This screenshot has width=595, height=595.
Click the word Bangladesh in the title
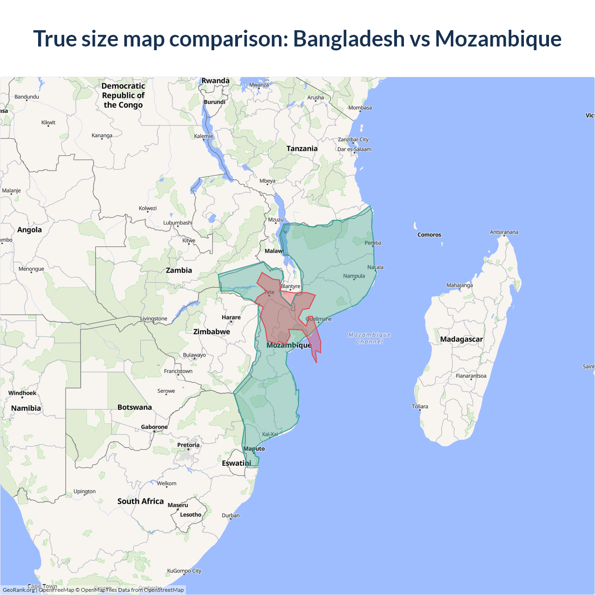tap(349, 39)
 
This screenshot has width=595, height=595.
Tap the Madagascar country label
tap(461, 339)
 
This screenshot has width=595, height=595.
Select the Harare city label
tap(231, 317)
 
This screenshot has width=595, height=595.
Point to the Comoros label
tap(429, 235)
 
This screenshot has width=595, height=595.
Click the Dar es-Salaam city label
tap(354, 149)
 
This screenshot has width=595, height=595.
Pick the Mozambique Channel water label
tap(370, 338)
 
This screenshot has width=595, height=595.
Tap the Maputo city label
tap(254, 449)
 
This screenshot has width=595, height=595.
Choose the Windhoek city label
tap(22, 393)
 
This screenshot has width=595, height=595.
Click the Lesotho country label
tap(191, 515)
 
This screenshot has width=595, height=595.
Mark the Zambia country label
tap(179, 270)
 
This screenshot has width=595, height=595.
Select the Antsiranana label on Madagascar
tap(504, 232)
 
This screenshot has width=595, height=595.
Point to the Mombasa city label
tap(360, 107)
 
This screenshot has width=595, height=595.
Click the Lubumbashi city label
tap(178, 223)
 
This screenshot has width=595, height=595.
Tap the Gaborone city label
tap(154, 427)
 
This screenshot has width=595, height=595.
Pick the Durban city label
tap(231, 515)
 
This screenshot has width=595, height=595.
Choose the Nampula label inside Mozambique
tap(354, 276)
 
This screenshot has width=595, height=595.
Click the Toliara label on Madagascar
tap(420, 406)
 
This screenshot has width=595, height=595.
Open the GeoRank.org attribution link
tap(19, 590)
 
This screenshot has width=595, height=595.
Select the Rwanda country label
tap(215, 81)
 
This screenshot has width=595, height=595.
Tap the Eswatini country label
tap(236, 463)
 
